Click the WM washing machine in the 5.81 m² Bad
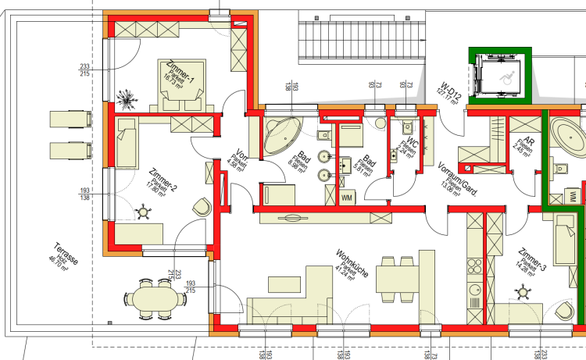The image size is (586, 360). click(x=346, y=198)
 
